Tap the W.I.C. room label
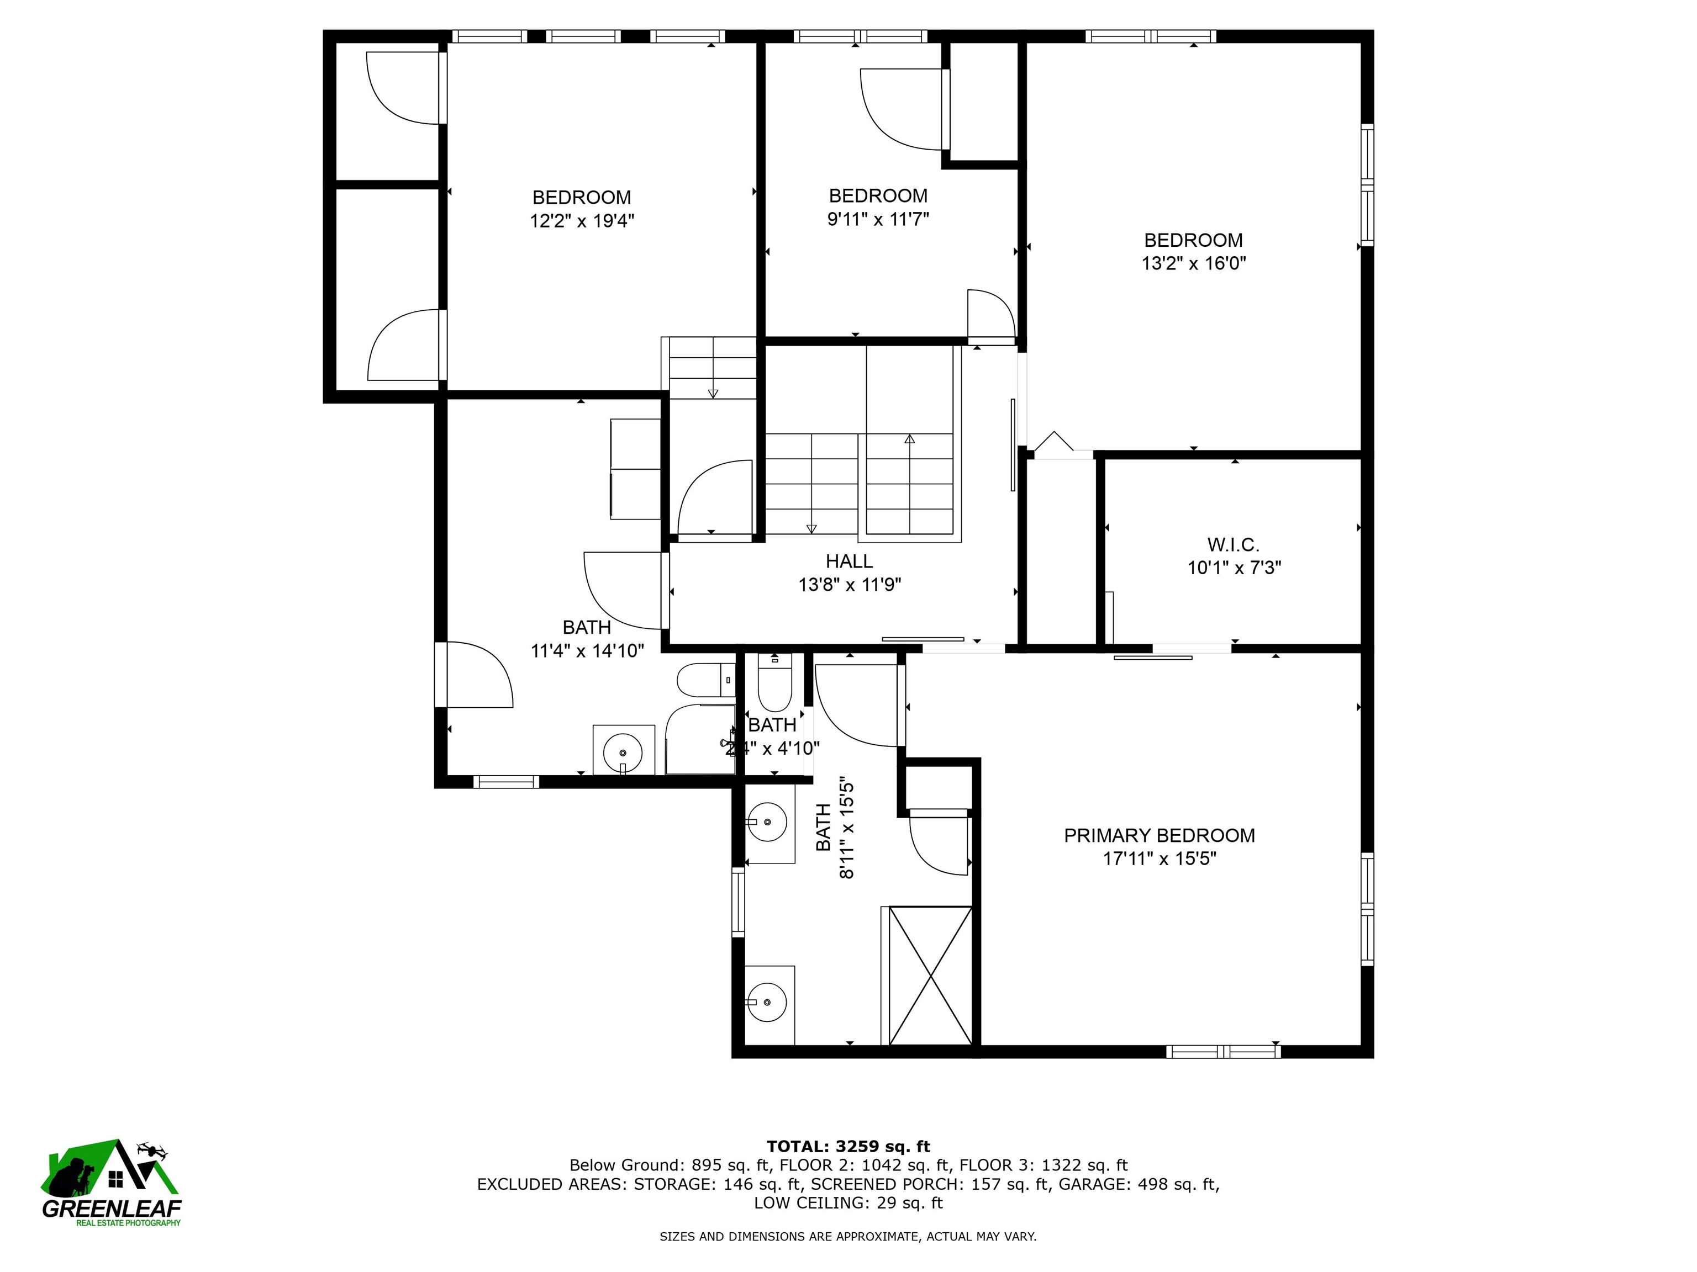1234,544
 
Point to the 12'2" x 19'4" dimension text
582,221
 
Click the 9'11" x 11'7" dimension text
878,219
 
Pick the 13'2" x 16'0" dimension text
1194,263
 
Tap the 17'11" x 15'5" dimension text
1159,858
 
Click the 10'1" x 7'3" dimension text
1235,568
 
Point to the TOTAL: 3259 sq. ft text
848,1146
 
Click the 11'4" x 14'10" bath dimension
587,651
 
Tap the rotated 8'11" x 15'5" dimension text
846,828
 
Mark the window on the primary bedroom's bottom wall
1223,1051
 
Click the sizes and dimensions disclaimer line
848,1236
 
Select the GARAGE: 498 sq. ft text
1139,1184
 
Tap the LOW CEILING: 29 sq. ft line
848,1202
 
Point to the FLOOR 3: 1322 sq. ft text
1044,1165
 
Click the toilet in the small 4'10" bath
774,682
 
